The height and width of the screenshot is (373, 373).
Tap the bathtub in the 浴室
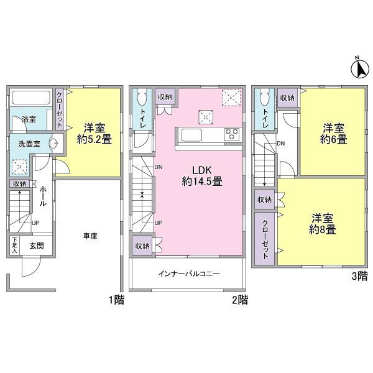[31, 98]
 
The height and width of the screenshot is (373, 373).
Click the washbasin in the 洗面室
[53, 143]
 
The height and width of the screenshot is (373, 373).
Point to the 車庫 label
[91, 236]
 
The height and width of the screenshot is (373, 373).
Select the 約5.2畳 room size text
[95, 140]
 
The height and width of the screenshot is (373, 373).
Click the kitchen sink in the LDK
[190, 134]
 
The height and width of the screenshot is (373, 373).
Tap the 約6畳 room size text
[334, 140]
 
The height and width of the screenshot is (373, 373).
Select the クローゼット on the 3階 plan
[264, 239]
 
